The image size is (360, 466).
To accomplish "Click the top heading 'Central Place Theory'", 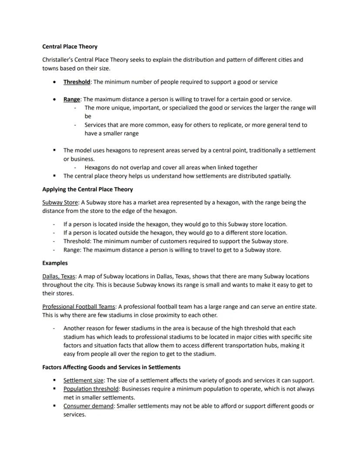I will (70, 47).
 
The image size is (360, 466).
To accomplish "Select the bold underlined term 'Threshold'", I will (77, 82).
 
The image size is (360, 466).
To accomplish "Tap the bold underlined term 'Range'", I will (72, 99).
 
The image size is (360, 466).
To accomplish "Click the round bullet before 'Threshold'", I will (54, 82).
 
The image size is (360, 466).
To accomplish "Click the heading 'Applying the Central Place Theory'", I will (87, 189).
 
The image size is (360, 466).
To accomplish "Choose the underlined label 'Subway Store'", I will (60, 202).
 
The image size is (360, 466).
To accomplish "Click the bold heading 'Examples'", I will (55, 263).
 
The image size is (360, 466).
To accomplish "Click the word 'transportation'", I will (252, 345).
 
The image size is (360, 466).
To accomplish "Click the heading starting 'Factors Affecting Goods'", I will (111, 367).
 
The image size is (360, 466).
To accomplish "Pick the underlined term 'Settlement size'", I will (83, 380).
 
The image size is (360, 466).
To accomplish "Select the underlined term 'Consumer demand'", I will (89, 406).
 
